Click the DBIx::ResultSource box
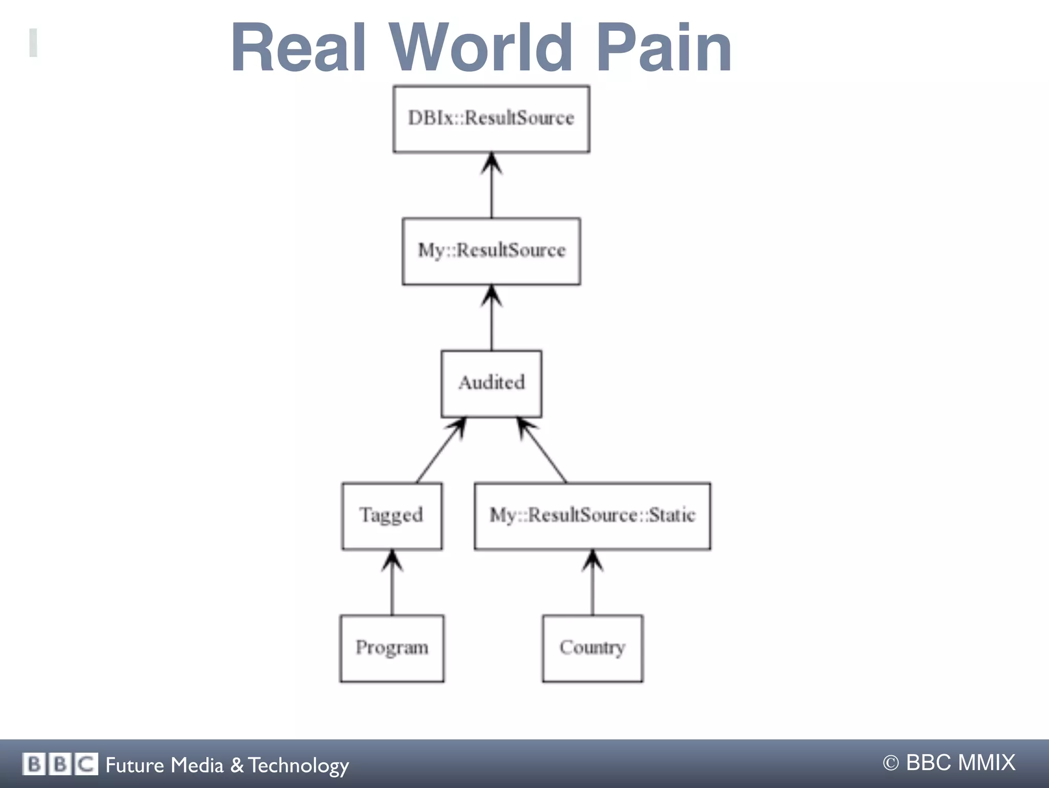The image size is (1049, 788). coord(491,119)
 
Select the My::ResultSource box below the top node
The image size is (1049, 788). coord(491,251)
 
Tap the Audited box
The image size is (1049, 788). coord(491,383)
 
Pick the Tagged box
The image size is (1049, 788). coord(392,515)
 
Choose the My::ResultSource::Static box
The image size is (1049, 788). coord(592,515)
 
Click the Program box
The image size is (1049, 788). coord(392,648)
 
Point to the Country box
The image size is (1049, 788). coord(592,648)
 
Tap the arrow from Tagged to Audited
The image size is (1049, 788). coord(440,450)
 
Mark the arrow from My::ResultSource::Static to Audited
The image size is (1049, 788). coord(543,450)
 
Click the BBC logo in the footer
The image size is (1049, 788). coord(60,764)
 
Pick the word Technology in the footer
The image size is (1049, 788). coord(299,765)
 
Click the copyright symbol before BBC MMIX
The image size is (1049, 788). coord(891,763)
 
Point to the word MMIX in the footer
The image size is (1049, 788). coord(986,762)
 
